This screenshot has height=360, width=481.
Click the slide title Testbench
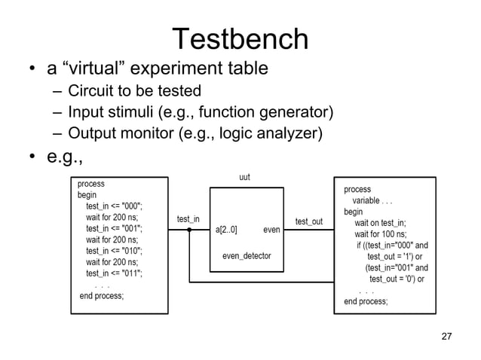pyautogui.click(x=240, y=39)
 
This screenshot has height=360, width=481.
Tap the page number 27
pyautogui.click(x=446, y=335)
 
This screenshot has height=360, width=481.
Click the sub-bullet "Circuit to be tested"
pyautogui.click(x=134, y=92)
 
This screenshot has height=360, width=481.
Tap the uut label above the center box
pyautogui.click(x=244, y=178)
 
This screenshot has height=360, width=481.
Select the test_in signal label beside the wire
pyautogui.click(x=188, y=219)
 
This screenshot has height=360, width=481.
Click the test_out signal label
pyautogui.click(x=309, y=221)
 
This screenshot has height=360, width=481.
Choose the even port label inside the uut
pyautogui.click(x=271, y=229)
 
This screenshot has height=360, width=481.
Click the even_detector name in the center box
pyautogui.click(x=247, y=256)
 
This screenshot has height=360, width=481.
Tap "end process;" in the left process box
pyautogui.click(x=102, y=296)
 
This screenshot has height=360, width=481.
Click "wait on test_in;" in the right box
pyautogui.click(x=380, y=223)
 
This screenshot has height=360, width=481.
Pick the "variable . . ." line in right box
pyautogui.click(x=372, y=201)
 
